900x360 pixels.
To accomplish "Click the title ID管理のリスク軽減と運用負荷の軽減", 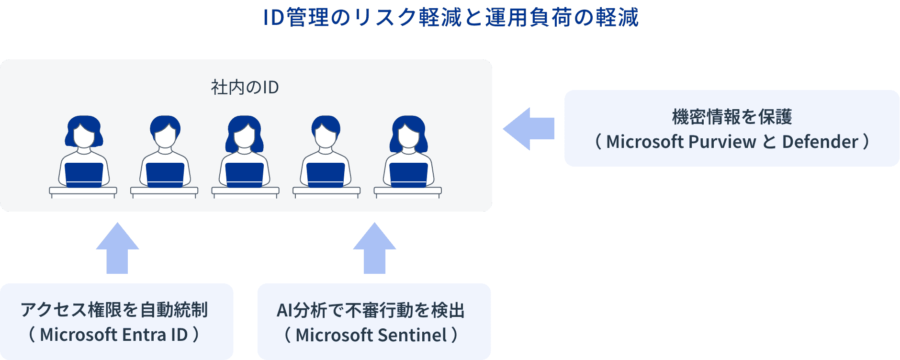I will [x=450, y=18].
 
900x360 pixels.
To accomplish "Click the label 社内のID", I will [x=245, y=88].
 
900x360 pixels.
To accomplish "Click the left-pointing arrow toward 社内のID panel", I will [x=528, y=129].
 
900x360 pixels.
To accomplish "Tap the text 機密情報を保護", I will [x=732, y=117].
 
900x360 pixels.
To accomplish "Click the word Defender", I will [x=820, y=142].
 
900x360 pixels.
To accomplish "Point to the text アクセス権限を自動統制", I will [x=114, y=310].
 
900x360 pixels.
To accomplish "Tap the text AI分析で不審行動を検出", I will [x=371, y=311].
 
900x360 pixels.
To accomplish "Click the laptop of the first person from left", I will [x=84, y=175].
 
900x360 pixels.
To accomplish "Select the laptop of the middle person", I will [x=245, y=175].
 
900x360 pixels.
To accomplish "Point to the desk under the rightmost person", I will [x=407, y=191].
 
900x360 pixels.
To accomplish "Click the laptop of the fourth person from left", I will [x=326, y=175].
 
